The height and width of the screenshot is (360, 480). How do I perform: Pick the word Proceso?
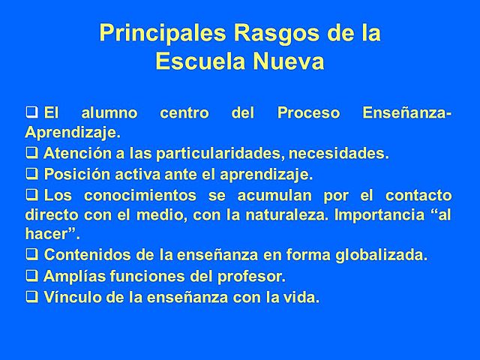pyautogui.click(x=308, y=114)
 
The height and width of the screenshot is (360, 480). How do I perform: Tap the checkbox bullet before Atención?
pyautogui.click(x=31, y=154)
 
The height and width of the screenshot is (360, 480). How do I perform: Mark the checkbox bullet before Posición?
pyautogui.click(x=31, y=174)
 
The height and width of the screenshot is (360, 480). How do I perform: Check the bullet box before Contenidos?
pyautogui.click(x=31, y=254)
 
